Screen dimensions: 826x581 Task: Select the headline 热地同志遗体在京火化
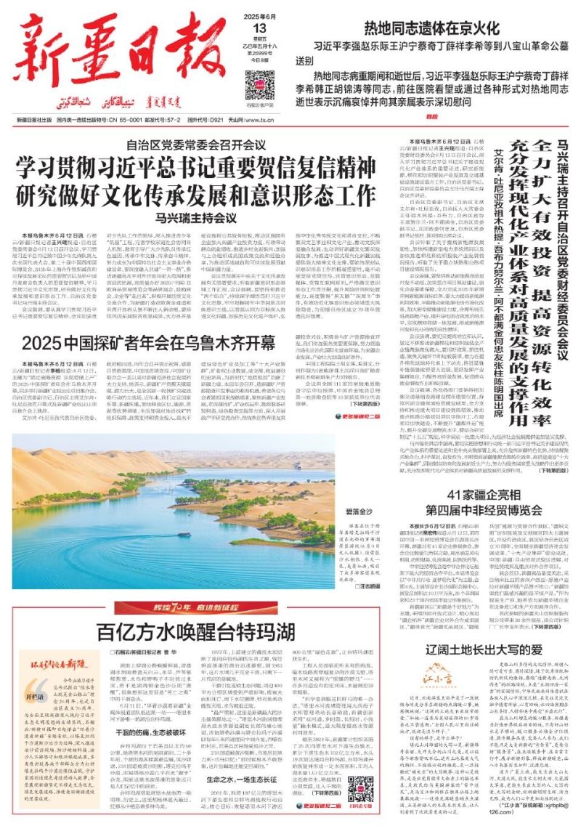[x=432, y=29]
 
